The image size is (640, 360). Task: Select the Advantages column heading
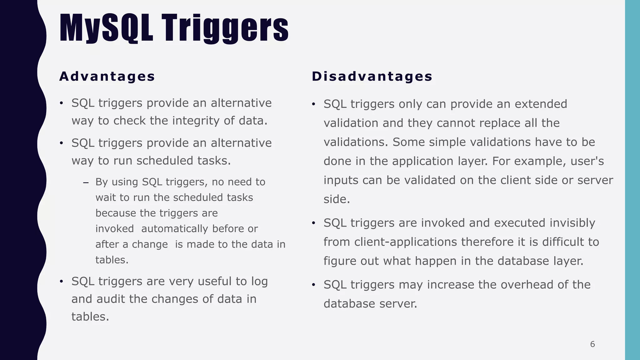coord(107,77)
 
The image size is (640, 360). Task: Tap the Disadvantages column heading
coord(372,77)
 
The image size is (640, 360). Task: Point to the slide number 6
coord(592,344)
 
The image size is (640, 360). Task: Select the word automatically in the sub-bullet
coord(174,229)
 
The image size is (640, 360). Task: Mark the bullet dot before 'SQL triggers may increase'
coord(313,285)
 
